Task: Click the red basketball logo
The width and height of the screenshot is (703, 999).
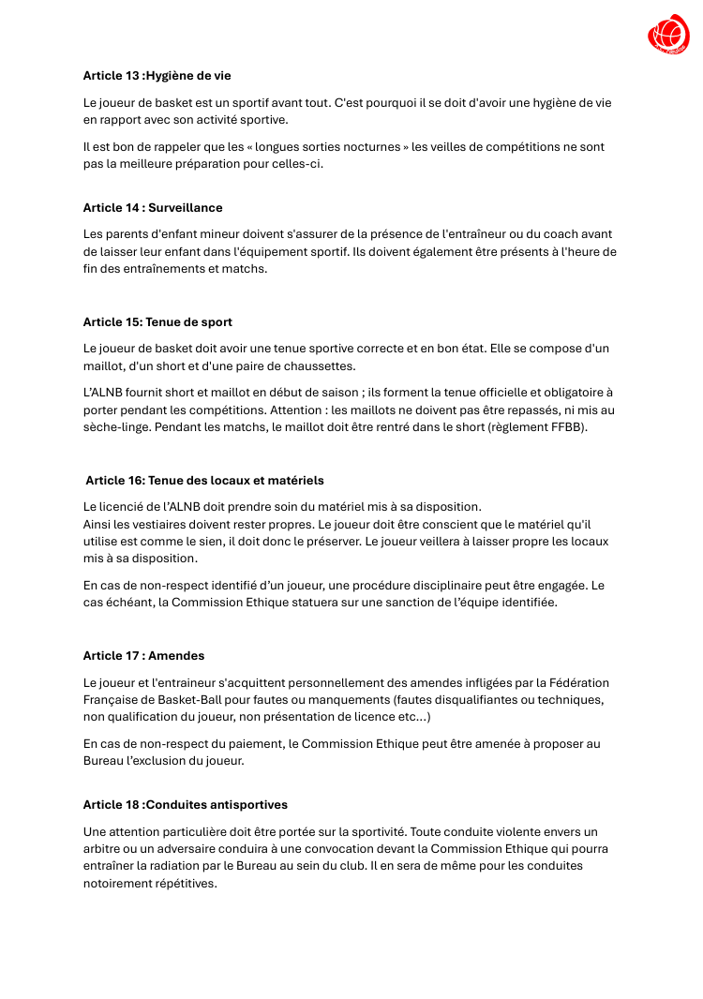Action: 667,36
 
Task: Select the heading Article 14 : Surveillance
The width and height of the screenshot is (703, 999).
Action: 153,207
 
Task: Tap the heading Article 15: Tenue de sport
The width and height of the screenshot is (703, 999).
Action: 157,321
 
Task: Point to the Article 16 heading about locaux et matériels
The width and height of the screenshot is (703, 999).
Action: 204,480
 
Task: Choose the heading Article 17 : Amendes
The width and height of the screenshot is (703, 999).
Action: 143,655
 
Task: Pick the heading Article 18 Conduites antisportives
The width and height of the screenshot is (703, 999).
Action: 185,804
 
